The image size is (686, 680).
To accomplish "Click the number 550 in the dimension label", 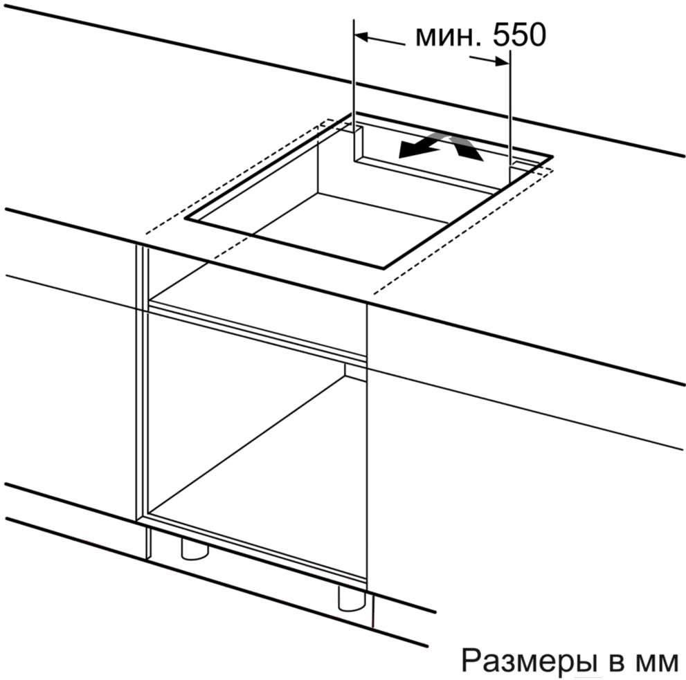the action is click(x=519, y=35).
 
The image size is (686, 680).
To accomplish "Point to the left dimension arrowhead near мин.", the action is click(x=362, y=37).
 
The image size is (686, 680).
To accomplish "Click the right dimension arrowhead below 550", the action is click(x=503, y=62).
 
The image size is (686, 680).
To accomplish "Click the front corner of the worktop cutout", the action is click(x=383, y=267).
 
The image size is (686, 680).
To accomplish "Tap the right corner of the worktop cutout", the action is click(x=552, y=156).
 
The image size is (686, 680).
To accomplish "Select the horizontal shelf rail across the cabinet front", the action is click(x=258, y=331).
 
